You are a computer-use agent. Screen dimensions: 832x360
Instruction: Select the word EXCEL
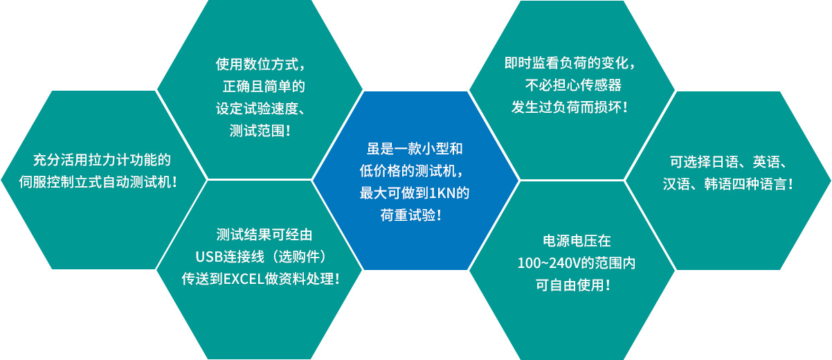click(244, 279)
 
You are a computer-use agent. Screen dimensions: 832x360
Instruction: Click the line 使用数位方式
click(260, 64)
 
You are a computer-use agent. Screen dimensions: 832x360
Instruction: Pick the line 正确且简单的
click(264, 86)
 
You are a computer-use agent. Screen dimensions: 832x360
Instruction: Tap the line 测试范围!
click(260, 131)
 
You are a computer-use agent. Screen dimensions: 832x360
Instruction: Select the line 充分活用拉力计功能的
click(102, 160)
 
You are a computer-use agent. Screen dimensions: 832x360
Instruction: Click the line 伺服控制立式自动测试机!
click(98, 182)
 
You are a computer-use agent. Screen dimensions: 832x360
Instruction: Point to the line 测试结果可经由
click(264, 235)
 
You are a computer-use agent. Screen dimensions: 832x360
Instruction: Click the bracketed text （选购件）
click(298, 257)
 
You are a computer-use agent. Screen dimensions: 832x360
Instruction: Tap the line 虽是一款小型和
click(415, 149)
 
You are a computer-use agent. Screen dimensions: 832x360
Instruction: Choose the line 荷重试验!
click(410, 215)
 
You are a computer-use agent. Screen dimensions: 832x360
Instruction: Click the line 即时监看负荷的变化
click(570, 63)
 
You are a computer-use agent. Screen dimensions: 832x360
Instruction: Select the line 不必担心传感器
click(573, 85)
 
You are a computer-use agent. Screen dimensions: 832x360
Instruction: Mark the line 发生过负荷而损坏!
click(570, 107)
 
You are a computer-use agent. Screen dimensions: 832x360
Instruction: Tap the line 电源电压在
click(577, 241)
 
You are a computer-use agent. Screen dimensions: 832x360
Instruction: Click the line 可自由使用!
click(572, 285)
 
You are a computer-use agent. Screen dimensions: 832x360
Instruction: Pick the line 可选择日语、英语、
click(728, 162)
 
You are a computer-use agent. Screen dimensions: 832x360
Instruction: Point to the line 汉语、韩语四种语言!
click(728, 184)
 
